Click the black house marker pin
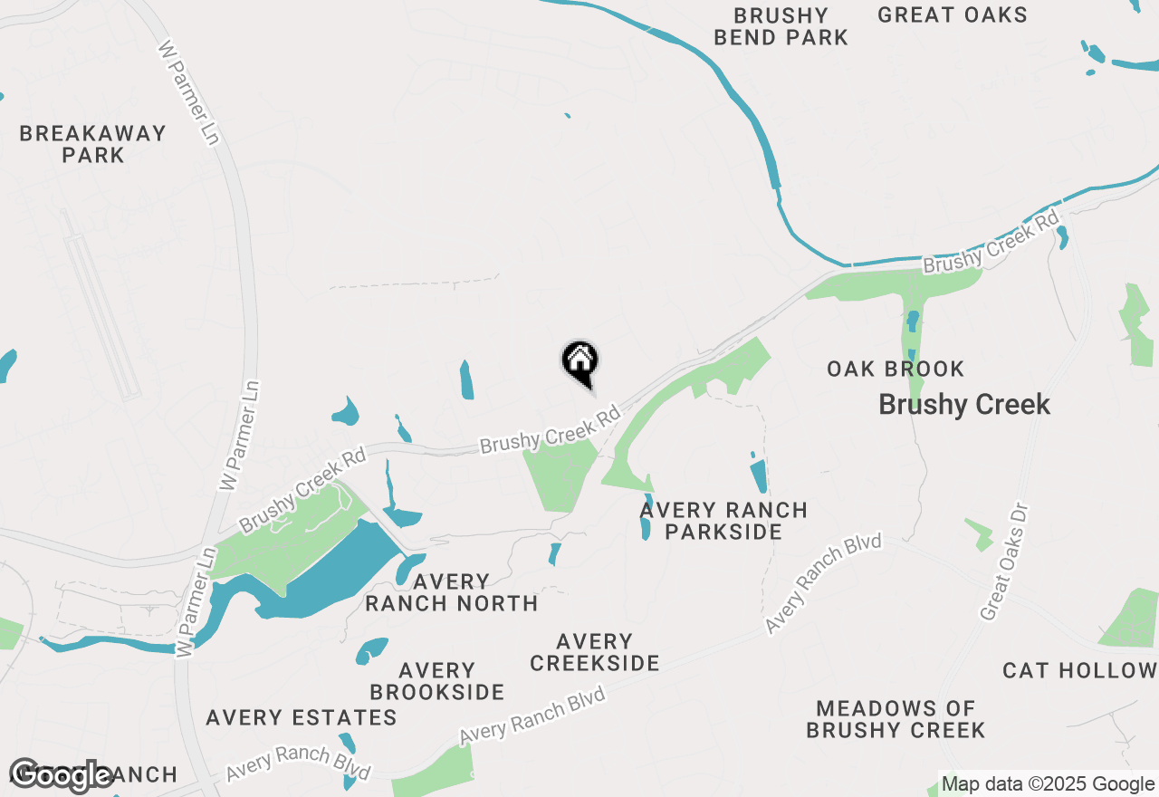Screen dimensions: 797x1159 click(580, 362)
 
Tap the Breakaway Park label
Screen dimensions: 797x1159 click(93, 144)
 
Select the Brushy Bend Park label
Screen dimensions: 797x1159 click(781, 26)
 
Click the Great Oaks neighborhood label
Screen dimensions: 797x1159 click(953, 14)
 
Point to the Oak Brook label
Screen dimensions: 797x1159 click(896, 369)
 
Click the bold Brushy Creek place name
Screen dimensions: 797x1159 click(964, 404)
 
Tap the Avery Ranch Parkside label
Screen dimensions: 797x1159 click(723, 521)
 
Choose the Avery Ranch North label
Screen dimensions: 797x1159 click(452, 592)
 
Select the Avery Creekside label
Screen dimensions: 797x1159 click(595, 652)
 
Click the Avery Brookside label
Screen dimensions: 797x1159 click(437, 681)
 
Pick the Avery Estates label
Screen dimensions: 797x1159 click(302, 717)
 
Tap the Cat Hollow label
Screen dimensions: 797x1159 click(1079, 670)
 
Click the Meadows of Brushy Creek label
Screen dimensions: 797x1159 click(896, 719)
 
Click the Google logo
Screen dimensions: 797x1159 click(61, 775)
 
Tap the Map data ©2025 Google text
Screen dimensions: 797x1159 click(1048, 784)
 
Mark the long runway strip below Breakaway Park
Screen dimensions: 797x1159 click(100, 303)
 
